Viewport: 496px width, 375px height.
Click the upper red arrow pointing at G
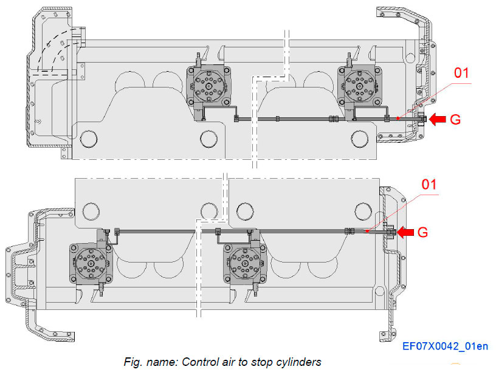tap(436, 119)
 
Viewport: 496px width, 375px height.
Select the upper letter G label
tap(455, 119)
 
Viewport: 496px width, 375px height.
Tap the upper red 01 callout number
tap(463, 74)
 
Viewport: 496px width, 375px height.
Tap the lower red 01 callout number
tap(429, 184)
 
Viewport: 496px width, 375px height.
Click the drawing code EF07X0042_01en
tap(445, 347)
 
